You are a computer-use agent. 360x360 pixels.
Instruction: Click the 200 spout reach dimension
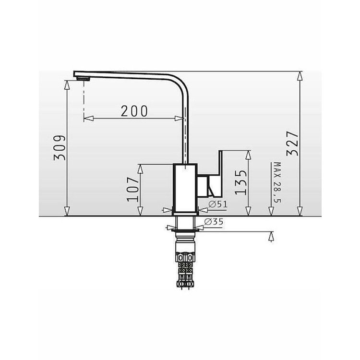point(134,111)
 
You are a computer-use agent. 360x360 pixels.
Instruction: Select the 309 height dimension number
point(60,148)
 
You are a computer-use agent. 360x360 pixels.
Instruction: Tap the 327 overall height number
point(292,144)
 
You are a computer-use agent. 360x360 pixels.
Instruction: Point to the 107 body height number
point(133,189)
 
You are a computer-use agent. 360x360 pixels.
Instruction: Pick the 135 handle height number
point(240,182)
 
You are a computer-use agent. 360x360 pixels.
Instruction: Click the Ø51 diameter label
point(217,204)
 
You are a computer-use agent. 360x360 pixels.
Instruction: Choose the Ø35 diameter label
point(214,222)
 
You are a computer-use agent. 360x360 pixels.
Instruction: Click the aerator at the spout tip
point(83,79)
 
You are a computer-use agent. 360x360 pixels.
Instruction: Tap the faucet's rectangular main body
point(185,188)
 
